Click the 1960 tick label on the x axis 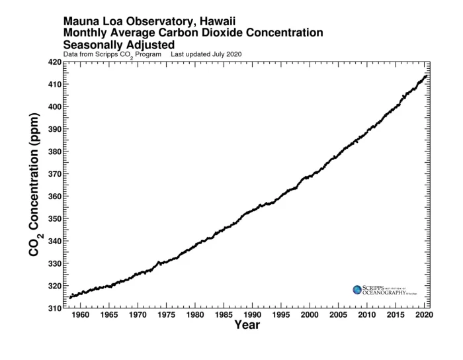pyautogui.click(x=80, y=315)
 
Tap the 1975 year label pyautogui.click(x=166, y=315)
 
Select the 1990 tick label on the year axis pyautogui.click(x=252, y=315)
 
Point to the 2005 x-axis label pyautogui.click(x=338, y=315)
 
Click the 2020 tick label pyautogui.click(x=424, y=315)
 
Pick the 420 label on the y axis pyautogui.click(x=53, y=62)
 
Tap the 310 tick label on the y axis pyautogui.click(x=53, y=308)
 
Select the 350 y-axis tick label pyautogui.click(x=53, y=218)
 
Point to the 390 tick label pyautogui.click(x=53, y=129)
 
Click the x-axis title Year pyautogui.click(x=247, y=325)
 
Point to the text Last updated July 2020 pyautogui.click(x=207, y=54)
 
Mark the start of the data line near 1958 pyautogui.click(x=69, y=298)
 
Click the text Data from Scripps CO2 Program pyautogui.click(x=112, y=54)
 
